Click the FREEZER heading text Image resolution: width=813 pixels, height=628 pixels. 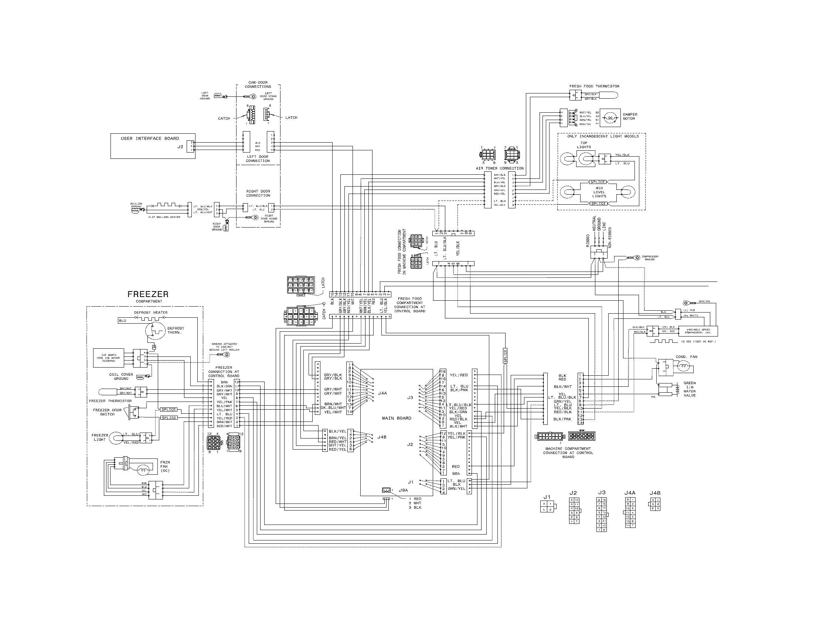point(148,294)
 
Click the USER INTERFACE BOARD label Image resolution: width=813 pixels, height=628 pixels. point(150,139)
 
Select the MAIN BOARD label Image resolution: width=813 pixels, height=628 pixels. point(397,418)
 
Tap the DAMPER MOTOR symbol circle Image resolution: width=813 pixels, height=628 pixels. point(610,117)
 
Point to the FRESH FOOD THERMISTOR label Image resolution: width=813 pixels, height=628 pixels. point(594,86)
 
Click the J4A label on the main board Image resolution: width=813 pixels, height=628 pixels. point(382,393)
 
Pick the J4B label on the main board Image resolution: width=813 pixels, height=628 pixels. point(382,437)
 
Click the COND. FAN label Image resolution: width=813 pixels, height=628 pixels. point(687,357)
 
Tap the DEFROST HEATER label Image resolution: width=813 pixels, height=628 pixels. point(151,313)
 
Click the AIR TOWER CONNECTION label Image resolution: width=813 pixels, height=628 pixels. point(500,168)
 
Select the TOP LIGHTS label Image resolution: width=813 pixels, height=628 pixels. point(584,145)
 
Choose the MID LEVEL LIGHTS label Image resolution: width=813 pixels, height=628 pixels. point(599,192)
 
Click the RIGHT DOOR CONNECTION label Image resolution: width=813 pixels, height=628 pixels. point(258,193)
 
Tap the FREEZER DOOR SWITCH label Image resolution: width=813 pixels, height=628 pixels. point(107,412)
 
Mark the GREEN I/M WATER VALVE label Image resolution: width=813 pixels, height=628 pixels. point(690,389)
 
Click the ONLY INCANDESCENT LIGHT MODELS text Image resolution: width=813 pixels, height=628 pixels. point(603,136)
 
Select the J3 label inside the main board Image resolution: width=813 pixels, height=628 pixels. point(410,398)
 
